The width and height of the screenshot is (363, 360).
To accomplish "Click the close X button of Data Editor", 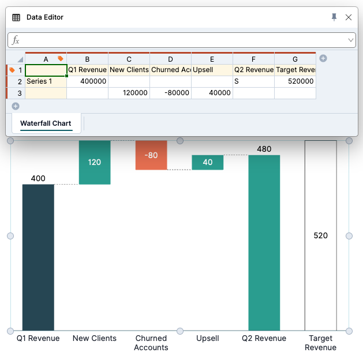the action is [349, 17].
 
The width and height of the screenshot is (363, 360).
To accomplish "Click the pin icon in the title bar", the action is [334, 17].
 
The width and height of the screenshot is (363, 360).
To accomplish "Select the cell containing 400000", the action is [87, 81].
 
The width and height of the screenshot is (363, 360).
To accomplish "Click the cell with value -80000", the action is [170, 93].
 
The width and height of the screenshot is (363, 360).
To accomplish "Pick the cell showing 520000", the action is [295, 81].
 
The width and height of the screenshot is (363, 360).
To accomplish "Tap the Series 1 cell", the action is [46, 81].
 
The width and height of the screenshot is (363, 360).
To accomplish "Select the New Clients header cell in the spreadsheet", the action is [129, 70].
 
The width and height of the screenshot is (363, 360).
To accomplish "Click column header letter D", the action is [170, 59].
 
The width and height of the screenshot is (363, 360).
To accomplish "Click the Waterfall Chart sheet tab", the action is [46, 123].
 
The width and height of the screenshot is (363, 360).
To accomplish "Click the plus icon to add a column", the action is [323, 58].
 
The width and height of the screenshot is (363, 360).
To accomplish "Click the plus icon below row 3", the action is [16, 106].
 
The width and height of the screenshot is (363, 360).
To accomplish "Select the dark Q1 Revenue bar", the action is [38, 257].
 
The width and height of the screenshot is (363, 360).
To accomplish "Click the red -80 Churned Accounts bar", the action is [151, 155].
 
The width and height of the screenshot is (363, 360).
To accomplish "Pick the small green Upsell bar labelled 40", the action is [208, 162].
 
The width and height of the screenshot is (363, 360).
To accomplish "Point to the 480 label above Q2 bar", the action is [264, 149].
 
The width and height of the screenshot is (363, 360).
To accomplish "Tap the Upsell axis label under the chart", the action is [208, 338].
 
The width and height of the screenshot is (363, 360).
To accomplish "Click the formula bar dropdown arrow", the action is [351, 40].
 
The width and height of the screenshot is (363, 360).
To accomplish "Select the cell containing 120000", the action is [129, 93].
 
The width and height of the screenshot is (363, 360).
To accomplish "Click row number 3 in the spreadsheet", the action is [20, 93].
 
